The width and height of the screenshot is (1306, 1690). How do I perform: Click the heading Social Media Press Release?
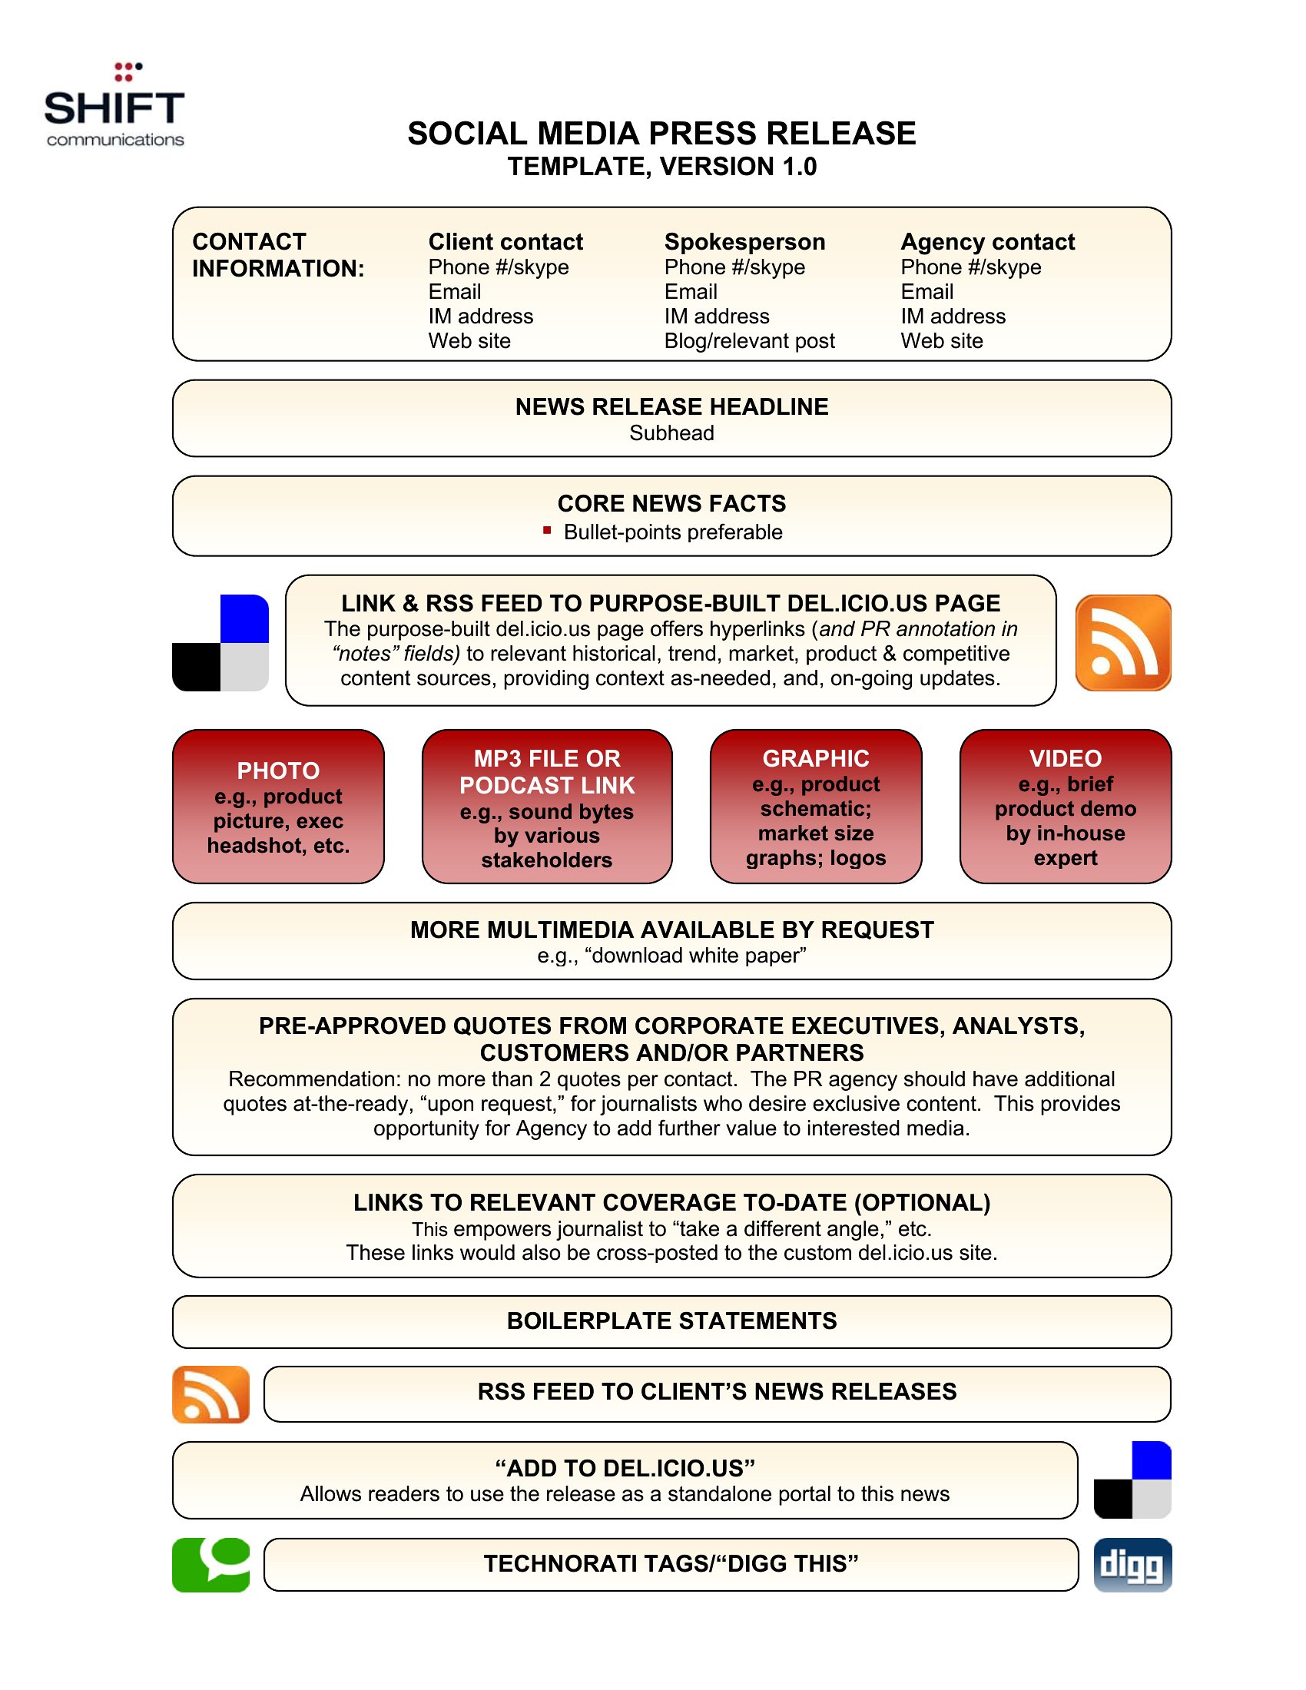(x=661, y=133)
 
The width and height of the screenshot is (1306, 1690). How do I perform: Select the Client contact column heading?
(x=505, y=241)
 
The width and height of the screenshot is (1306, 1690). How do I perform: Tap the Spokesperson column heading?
(x=744, y=241)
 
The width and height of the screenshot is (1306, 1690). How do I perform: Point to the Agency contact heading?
(x=987, y=241)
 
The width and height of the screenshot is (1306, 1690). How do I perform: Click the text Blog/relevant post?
(x=749, y=340)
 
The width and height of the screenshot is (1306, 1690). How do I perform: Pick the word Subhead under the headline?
(x=671, y=432)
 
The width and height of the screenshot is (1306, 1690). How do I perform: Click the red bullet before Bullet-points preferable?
(x=547, y=530)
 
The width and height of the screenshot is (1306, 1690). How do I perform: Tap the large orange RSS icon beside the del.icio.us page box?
(x=1122, y=642)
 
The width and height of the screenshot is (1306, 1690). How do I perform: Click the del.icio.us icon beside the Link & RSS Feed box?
(x=220, y=642)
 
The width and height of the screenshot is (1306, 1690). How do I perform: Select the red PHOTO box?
(x=279, y=807)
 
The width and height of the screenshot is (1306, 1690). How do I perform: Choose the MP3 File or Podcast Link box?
(x=547, y=807)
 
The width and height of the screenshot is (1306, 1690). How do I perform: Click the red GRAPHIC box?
(x=815, y=807)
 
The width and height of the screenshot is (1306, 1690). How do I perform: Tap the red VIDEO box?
(x=1066, y=807)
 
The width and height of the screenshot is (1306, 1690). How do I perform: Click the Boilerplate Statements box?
(x=671, y=1322)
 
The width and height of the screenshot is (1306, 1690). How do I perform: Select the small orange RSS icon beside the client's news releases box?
(x=210, y=1394)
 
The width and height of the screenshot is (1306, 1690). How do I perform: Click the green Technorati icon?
(x=210, y=1565)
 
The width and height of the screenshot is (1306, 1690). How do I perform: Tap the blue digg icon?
(x=1132, y=1565)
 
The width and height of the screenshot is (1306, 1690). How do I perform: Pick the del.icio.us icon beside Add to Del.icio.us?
(x=1132, y=1480)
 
